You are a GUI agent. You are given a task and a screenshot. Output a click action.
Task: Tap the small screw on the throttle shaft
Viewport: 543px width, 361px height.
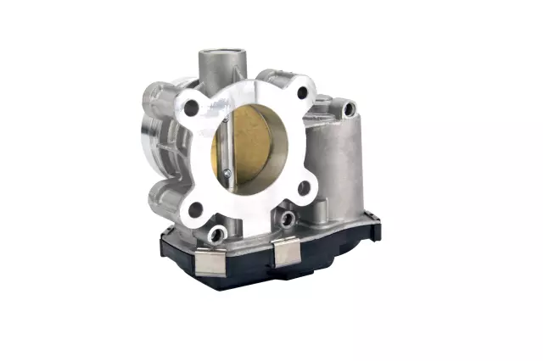point(227,174)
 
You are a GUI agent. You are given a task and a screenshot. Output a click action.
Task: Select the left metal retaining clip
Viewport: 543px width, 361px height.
point(210,261)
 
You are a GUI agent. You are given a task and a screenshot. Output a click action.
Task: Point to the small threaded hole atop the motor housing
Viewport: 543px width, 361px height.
point(349,108)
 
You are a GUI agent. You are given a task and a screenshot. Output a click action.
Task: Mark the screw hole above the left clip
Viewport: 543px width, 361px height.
point(218,232)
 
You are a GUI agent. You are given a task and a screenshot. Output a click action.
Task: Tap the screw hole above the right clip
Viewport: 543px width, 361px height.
point(288,220)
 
